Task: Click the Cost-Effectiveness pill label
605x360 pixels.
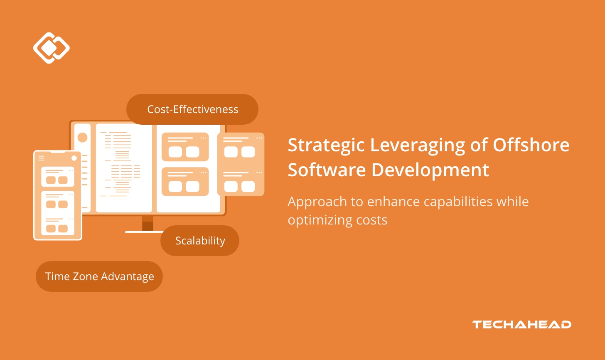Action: click(x=192, y=109)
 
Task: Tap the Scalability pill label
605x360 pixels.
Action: click(x=200, y=241)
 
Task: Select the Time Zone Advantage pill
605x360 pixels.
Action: click(x=99, y=276)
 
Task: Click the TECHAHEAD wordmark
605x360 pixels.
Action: click(x=521, y=325)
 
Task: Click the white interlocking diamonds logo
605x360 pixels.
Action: click(x=52, y=48)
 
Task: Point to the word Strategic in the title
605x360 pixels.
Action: click(x=326, y=145)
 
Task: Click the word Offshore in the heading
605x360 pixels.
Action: click(x=531, y=145)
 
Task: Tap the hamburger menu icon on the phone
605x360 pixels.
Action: click(x=41, y=158)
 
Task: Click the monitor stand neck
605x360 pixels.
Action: click(x=148, y=223)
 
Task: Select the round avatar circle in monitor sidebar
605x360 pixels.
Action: click(x=82, y=137)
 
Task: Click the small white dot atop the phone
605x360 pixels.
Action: click(x=74, y=158)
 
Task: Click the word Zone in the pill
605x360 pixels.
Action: click(x=86, y=276)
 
